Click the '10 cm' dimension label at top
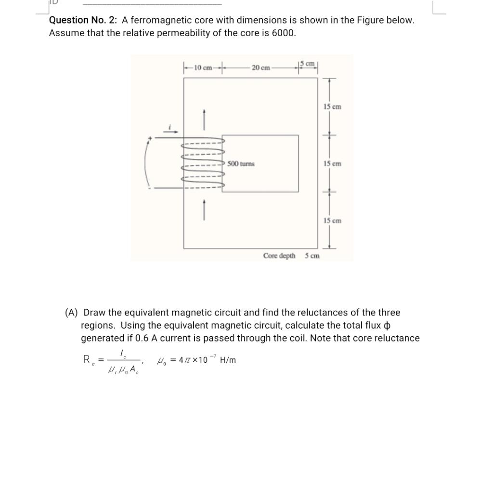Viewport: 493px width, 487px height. tap(202, 67)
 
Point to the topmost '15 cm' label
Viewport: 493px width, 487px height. tap(332, 106)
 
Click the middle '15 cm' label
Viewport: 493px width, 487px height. tap(332, 164)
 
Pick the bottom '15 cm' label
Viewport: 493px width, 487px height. tap(332, 221)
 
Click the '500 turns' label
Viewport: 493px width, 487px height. tap(241, 164)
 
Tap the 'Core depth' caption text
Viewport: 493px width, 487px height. tap(279, 256)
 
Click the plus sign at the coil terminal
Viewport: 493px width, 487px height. tap(150, 139)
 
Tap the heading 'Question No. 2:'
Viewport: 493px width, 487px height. tap(84, 20)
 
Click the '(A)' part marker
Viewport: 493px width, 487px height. tap(71, 313)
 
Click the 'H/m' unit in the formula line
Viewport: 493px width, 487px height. tap(228, 360)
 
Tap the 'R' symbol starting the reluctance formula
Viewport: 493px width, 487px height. tap(87, 359)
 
